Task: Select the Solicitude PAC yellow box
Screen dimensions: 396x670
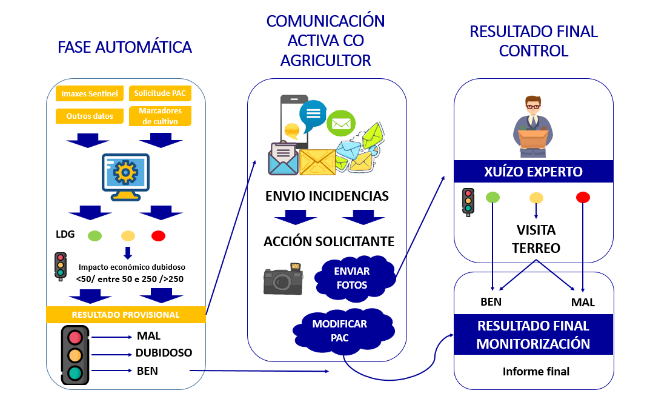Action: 160,93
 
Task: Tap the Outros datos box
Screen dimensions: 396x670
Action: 85,116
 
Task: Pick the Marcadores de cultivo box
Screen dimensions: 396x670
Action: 160,116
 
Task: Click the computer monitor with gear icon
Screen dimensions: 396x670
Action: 125,175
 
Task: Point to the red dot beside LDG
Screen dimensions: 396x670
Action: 159,235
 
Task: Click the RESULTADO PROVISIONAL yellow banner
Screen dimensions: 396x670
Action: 126,315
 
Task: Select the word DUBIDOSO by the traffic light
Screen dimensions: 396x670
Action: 164,352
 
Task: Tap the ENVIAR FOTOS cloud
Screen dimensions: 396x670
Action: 351,278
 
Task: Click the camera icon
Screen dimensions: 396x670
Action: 282,280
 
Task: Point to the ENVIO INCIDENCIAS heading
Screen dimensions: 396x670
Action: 327,196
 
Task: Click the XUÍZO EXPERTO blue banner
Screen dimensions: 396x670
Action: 534,172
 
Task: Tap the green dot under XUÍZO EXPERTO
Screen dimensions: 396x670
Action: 493,197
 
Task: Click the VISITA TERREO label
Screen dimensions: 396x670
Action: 536,239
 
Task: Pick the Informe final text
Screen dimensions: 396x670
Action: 536,371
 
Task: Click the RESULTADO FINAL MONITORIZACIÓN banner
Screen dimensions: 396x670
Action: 533,335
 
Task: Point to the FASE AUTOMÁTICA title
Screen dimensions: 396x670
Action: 125,47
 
